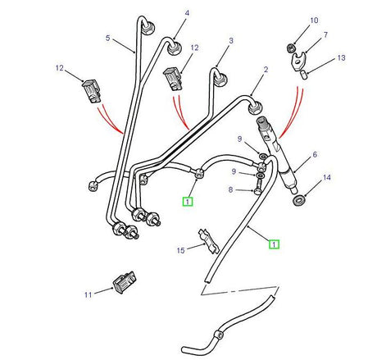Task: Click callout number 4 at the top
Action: tap(186, 13)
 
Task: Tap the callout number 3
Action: tap(231, 40)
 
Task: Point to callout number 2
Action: tap(266, 71)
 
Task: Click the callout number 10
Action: tap(314, 19)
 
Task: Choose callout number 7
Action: tap(325, 35)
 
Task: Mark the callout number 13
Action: tap(341, 58)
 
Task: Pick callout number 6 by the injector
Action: tap(316, 153)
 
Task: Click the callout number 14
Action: tap(326, 177)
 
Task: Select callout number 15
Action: tap(181, 249)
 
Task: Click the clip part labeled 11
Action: tap(125, 282)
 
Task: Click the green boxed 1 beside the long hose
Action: tap(275, 244)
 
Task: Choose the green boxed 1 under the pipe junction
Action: tap(188, 200)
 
